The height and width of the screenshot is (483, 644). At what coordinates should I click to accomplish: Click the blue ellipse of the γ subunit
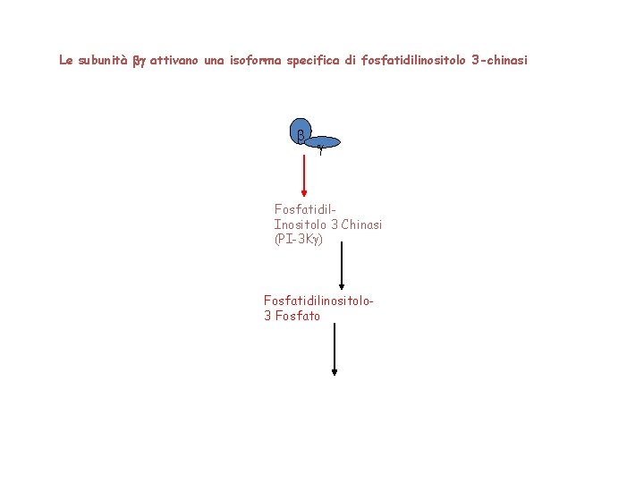point(324,142)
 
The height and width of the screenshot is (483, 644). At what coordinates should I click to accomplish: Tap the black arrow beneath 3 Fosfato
point(335,349)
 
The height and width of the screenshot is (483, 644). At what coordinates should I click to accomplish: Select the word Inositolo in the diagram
point(300,225)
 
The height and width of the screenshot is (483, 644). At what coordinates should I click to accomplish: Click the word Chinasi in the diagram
point(361,225)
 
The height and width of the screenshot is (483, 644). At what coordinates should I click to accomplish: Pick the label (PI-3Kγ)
point(298,240)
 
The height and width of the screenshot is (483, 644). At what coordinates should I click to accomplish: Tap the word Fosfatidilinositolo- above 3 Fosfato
point(318,301)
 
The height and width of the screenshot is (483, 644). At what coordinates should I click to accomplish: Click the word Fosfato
point(298,316)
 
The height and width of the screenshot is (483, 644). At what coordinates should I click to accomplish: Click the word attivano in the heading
point(175,61)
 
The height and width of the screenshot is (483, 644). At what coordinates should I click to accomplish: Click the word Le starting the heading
point(65,61)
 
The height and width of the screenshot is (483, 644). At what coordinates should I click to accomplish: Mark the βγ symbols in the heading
point(139,62)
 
